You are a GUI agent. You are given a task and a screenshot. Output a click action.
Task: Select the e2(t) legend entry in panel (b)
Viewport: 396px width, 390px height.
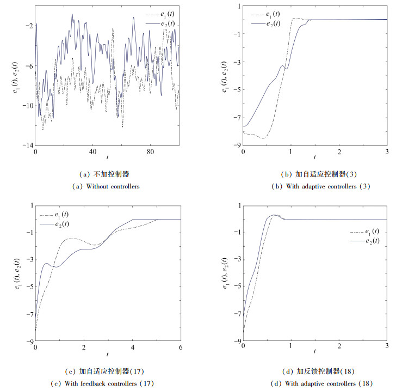coord(271,23)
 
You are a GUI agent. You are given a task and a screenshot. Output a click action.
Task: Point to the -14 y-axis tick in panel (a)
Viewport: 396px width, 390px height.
coord(26,145)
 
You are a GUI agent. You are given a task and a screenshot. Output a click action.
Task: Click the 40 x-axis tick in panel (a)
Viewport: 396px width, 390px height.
coord(93,151)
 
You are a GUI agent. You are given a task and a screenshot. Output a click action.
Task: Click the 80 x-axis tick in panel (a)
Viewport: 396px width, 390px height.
coord(151,151)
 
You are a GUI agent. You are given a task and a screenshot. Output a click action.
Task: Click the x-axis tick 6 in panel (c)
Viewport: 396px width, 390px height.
coord(180,348)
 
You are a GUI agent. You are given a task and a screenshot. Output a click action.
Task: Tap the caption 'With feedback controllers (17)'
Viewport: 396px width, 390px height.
coord(104,382)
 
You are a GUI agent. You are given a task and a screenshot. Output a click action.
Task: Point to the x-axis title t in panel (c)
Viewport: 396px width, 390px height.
coord(107,354)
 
